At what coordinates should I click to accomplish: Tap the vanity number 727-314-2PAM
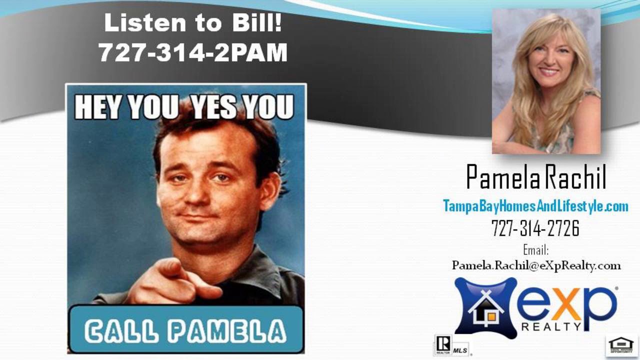pyautogui.click(x=193, y=52)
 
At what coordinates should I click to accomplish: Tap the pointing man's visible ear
pyautogui.click(x=270, y=190)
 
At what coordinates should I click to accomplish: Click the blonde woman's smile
pyautogui.click(x=549, y=72)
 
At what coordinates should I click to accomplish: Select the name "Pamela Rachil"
pyautogui.click(x=535, y=177)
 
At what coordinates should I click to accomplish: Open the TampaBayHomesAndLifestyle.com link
pyautogui.click(x=535, y=206)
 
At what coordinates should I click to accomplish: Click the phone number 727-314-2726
pyautogui.click(x=535, y=229)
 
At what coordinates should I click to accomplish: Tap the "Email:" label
pyautogui.click(x=535, y=249)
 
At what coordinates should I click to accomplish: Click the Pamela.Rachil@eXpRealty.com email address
pyautogui.click(x=536, y=265)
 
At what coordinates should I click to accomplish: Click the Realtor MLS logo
pyautogui.click(x=451, y=345)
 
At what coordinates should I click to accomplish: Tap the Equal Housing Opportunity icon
pyautogui.click(x=620, y=345)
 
